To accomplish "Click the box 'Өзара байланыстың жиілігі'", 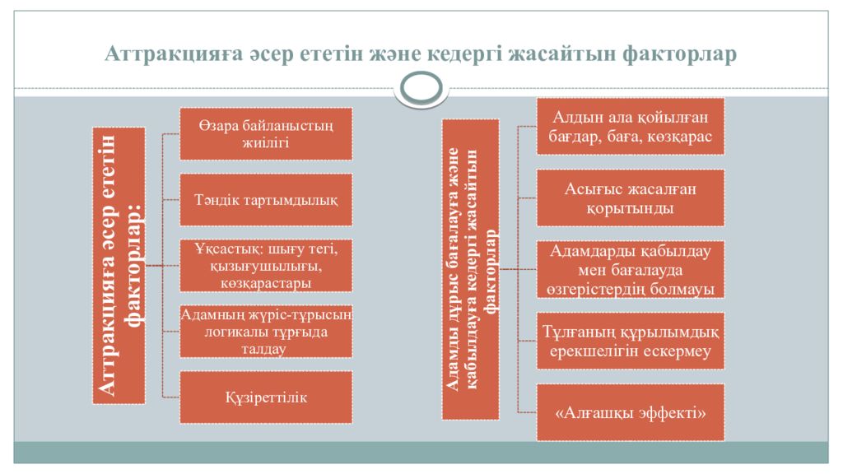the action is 266,134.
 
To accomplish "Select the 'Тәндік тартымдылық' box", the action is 266,200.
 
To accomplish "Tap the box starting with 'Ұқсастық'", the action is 266,266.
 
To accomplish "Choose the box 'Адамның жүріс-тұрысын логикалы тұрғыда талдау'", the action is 266,332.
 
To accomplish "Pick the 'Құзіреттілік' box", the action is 266,397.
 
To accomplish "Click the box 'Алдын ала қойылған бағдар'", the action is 630,127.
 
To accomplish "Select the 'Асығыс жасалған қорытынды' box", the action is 630,198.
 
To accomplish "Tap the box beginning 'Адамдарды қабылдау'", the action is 630,270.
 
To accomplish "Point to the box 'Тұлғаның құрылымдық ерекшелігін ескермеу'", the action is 630,342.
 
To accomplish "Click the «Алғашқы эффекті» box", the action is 630,413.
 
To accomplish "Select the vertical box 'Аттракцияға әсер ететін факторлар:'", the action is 119,266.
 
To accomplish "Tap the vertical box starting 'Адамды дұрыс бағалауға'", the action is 470,269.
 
